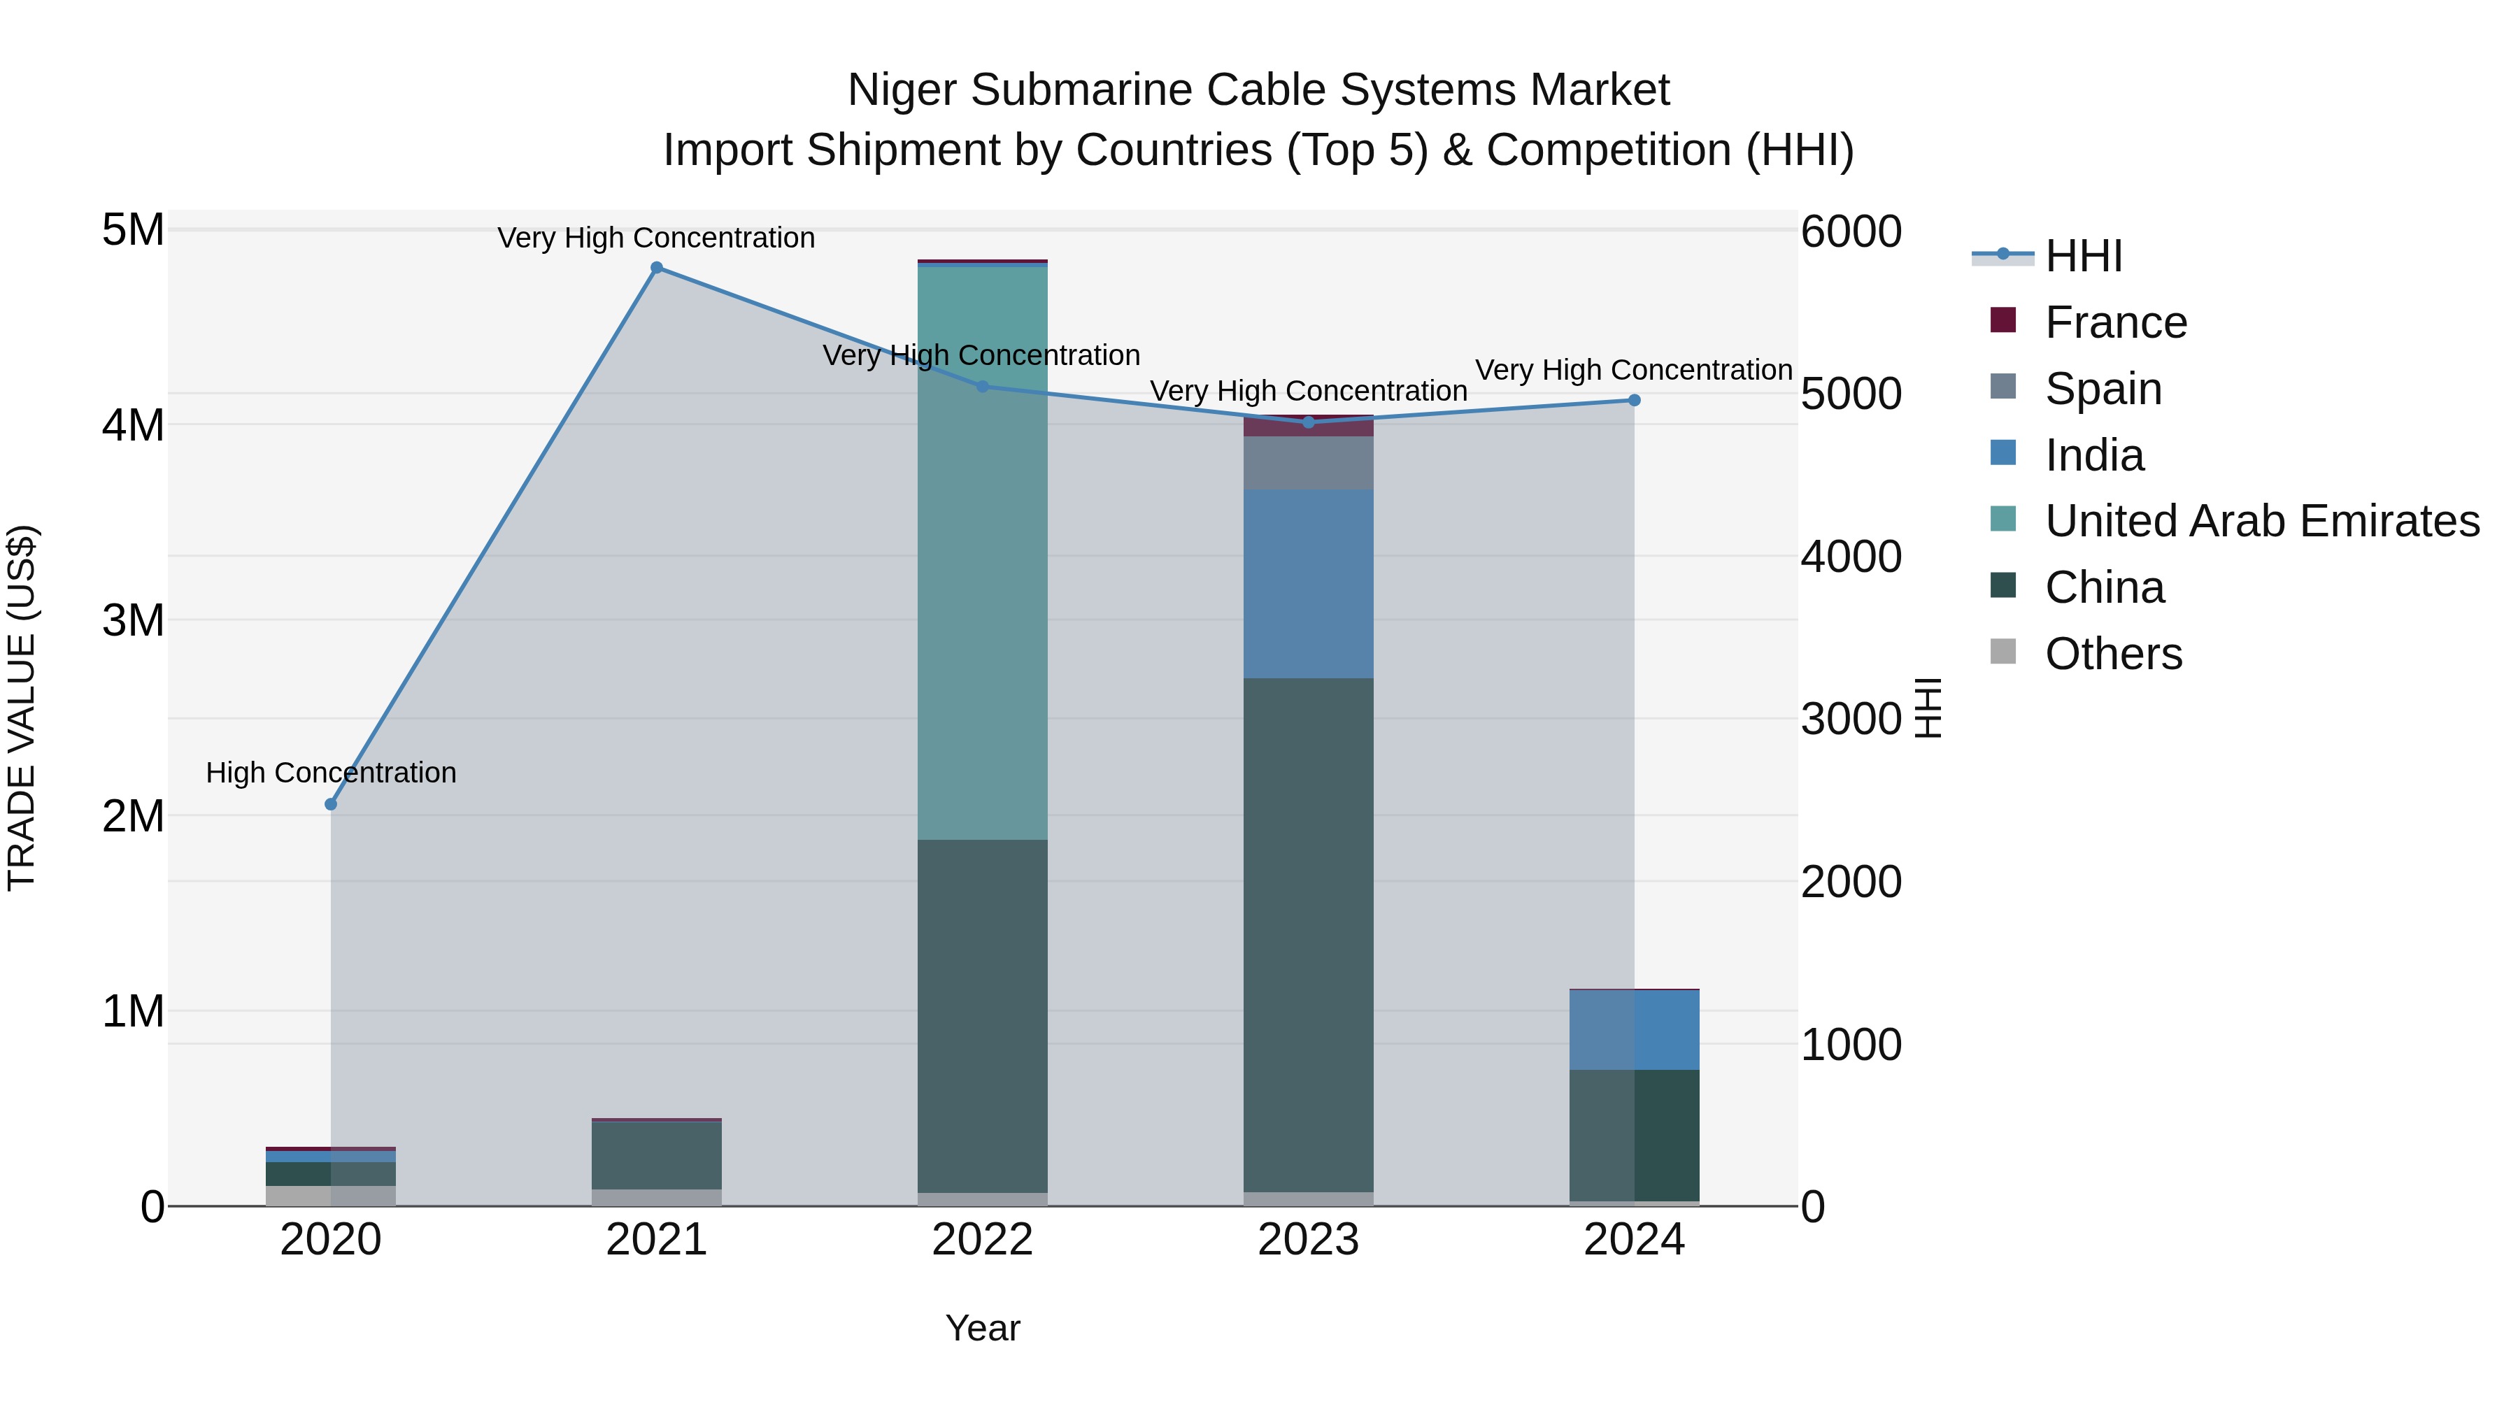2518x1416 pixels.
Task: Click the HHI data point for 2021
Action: tap(657, 268)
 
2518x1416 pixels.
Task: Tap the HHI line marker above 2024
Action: tap(1635, 400)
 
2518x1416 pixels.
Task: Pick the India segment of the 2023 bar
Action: tap(1308, 583)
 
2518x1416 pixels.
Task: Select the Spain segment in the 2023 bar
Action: tap(1308, 463)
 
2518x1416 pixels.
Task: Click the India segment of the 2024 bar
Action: tap(1635, 1030)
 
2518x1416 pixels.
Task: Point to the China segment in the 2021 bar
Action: tap(657, 1155)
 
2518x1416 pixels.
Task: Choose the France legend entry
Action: tap(2114, 322)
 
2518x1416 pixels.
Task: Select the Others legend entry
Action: tap(2112, 654)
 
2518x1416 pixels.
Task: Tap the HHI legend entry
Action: tap(2082, 256)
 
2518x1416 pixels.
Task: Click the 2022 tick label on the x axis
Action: tap(983, 1240)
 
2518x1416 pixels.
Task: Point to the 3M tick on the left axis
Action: tap(134, 620)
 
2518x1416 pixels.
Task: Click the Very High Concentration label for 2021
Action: tap(656, 238)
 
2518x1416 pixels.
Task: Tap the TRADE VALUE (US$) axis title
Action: tap(22, 708)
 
